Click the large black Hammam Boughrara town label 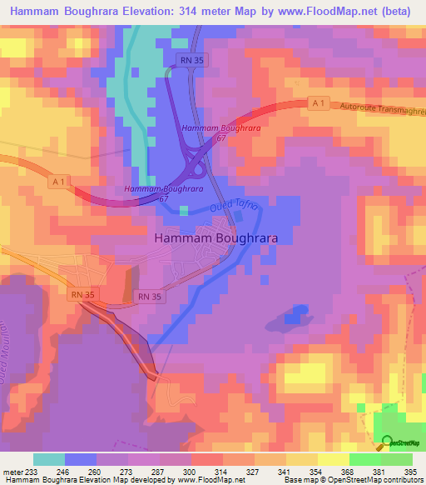[215, 237]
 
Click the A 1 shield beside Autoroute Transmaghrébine [315, 102]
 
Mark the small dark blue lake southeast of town [295, 315]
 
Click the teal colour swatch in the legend [49, 459]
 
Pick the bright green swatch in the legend [365, 459]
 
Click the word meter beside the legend [12, 471]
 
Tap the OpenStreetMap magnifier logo [387, 442]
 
